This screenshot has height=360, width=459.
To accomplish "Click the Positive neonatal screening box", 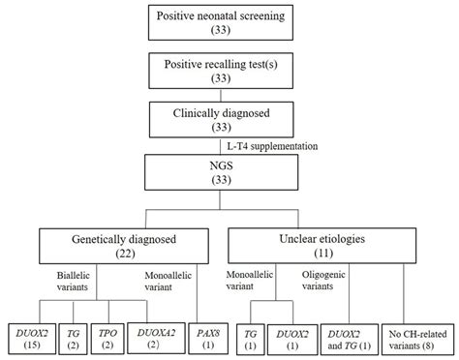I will point(229,22).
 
